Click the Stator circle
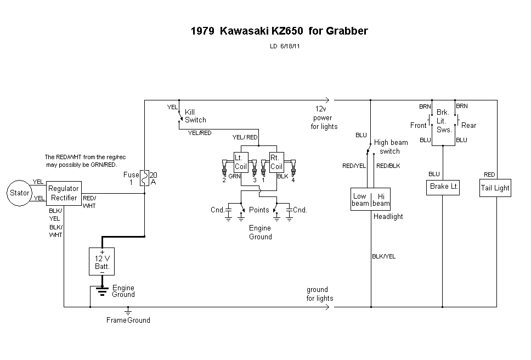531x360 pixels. (x=19, y=193)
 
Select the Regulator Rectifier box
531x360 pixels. (x=64, y=193)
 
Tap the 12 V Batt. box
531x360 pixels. (x=102, y=261)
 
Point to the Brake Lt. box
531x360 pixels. (x=443, y=187)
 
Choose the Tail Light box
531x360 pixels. (x=495, y=188)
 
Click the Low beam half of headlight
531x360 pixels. (x=360, y=200)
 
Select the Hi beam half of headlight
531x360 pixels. (x=381, y=200)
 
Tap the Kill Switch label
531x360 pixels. (x=195, y=116)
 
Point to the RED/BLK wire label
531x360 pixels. (x=388, y=165)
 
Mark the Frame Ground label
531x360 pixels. (x=128, y=320)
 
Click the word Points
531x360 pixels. (x=259, y=210)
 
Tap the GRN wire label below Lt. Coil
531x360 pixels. (x=234, y=177)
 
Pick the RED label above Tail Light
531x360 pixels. (x=489, y=175)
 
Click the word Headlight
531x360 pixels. (x=388, y=216)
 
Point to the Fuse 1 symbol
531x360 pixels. (x=144, y=177)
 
